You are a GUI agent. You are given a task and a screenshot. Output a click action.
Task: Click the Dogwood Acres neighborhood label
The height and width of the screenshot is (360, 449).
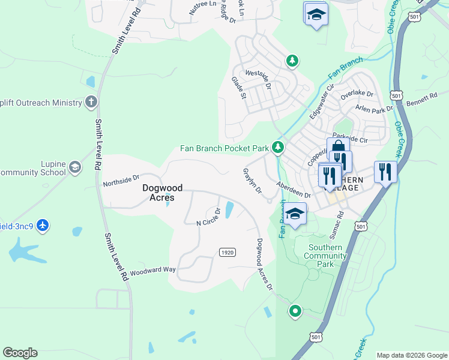click(x=158, y=193)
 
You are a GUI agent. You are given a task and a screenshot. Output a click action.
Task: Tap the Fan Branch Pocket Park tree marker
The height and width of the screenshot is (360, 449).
click(x=277, y=147)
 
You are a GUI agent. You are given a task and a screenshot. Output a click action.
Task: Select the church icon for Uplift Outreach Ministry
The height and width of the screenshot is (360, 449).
click(x=91, y=102)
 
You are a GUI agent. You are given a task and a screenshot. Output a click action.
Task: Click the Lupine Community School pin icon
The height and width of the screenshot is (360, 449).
click(x=75, y=166)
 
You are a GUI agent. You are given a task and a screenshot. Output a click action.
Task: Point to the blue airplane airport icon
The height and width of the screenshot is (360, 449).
click(x=42, y=226)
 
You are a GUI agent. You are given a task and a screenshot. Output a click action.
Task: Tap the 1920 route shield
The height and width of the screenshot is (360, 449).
click(x=226, y=252)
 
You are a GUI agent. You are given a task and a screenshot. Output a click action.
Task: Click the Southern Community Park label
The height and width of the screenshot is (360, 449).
click(x=325, y=256)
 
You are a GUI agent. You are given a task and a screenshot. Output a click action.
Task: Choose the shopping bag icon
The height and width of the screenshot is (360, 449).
click(x=338, y=148)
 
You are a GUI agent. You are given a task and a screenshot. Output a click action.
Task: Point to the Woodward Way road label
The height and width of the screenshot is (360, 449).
click(x=152, y=271)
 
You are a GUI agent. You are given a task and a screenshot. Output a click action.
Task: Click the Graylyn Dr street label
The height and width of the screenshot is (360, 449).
click(x=253, y=181)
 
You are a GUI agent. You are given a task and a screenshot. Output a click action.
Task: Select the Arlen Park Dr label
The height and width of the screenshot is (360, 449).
click(x=374, y=109)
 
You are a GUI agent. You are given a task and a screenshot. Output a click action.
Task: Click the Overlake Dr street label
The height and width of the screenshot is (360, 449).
click(x=357, y=95)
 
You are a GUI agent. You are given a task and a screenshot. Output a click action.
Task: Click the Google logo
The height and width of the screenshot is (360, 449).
click(x=20, y=353)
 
